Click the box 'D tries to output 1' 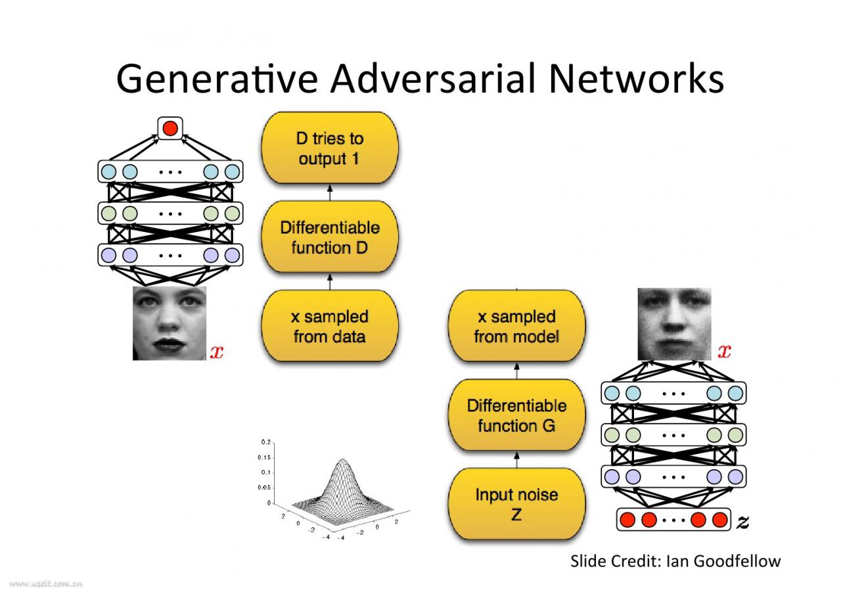tap(330, 148)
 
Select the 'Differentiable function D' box tap(330, 237)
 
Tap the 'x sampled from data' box tap(330, 326)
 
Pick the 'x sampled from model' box tap(516, 326)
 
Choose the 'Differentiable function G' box tap(516, 415)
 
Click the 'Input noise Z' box tap(516, 504)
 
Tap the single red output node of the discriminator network tap(170, 128)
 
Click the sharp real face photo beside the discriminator tap(170, 323)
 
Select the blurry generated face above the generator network tap(674, 323)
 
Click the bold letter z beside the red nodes tap(742, 522)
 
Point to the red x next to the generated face tap(724, 352)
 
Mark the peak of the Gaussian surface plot tap(342, 459)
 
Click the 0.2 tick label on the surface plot tap(265, 442)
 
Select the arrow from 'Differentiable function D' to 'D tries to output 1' tap(330, 193)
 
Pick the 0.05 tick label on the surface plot tap(264, 488)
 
